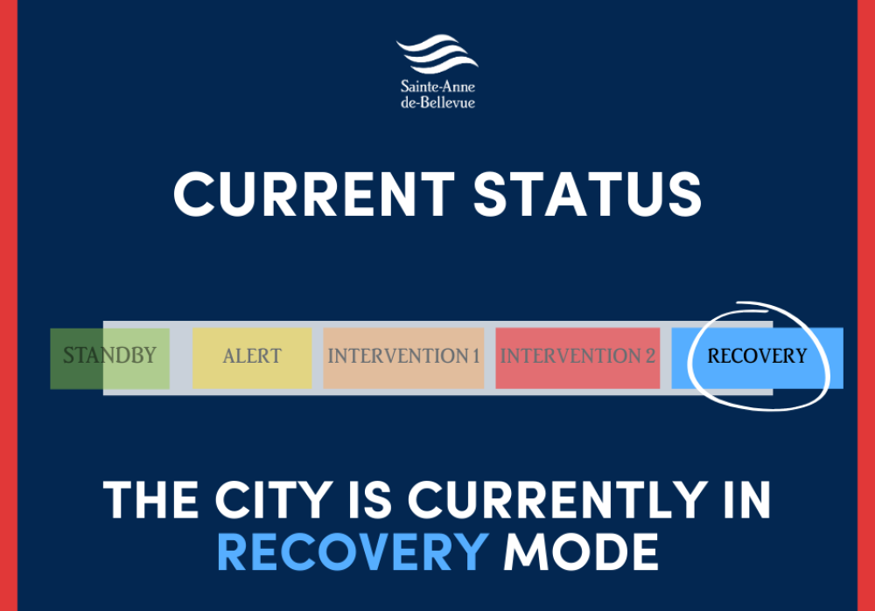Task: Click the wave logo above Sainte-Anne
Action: (437, 53)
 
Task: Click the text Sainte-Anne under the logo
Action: (437, 87)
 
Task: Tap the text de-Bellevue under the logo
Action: (437, 102)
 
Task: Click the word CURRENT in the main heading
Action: (314, 193)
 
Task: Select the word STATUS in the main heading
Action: (588, 193)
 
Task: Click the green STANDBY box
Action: (110, 358)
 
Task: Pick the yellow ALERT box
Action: (252, 358)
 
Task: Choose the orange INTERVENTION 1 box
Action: (403, 358)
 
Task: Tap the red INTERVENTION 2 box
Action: (577, 358)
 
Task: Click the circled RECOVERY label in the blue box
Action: (757, 356)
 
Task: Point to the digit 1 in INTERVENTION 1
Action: (476, 356)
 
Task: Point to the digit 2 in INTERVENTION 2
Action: (650, 356)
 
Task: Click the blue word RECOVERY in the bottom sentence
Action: (353, 552)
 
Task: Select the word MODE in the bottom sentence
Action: (581, 552)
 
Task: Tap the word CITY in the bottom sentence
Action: (274, 499)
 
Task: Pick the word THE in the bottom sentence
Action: (150, 499)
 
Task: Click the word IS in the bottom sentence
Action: (370, 499)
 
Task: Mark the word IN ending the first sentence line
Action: (746, 499)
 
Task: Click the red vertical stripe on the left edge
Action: (9, 306)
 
